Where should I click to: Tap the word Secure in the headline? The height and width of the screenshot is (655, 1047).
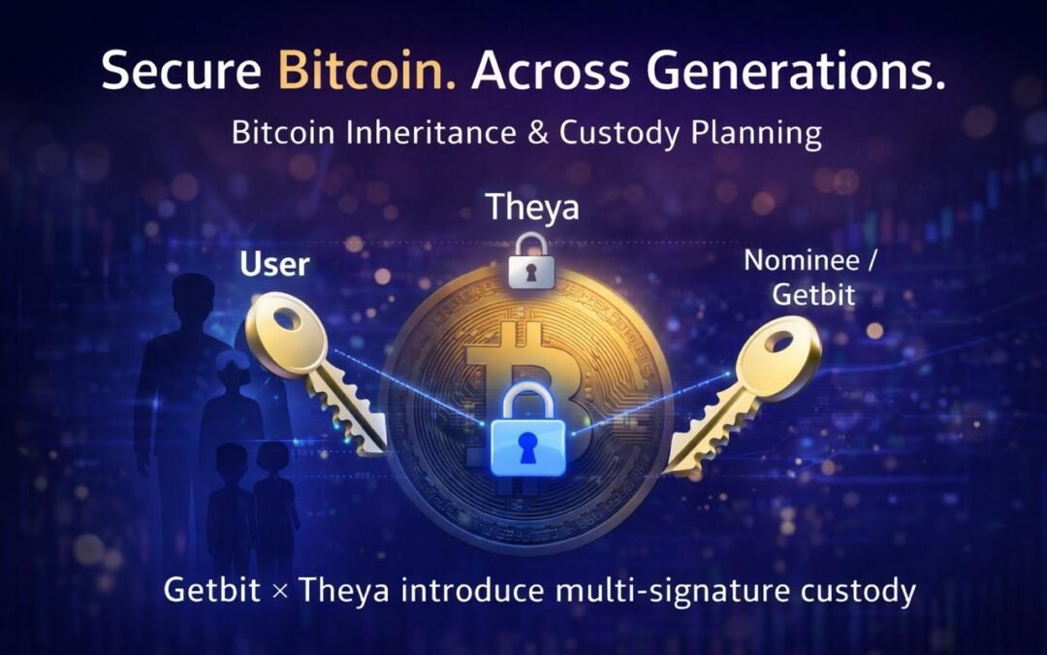(182, 74)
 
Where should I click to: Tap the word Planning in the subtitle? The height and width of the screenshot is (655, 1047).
(760, 132)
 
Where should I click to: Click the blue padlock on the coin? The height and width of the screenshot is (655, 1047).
(527, 433)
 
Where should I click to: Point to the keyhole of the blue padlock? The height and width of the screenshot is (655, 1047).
(527, 446)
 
